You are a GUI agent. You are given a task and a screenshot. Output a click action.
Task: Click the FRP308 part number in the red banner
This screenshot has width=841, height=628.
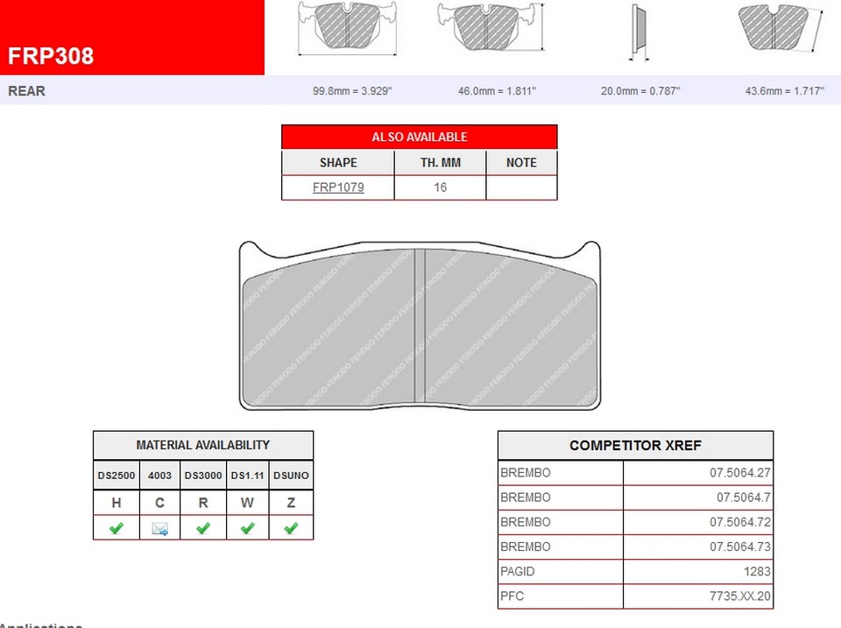coord(51,56)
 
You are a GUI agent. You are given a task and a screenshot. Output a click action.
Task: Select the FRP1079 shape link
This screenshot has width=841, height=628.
coord(338,187)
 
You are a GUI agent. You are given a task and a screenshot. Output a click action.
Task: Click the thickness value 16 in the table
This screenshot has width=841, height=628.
coord(440,187)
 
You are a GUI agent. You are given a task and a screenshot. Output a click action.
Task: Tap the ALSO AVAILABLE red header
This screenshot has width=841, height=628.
coord(419,137)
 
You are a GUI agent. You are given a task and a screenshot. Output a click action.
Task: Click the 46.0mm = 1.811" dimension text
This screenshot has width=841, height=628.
coord(497,91)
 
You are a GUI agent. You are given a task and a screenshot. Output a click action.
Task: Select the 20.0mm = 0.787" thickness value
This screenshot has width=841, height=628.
coord(640,91)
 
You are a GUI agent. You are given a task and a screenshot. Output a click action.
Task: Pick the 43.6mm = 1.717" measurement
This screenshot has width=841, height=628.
coord(784,91)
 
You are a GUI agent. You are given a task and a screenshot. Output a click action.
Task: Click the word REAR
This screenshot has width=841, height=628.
coord(27,91)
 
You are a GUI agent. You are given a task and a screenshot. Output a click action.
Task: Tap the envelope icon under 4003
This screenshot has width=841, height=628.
coord(159,528)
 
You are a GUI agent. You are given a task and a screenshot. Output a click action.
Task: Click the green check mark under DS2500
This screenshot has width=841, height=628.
coord(117,528)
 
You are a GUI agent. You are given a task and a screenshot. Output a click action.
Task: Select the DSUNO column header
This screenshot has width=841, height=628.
coord(291,476)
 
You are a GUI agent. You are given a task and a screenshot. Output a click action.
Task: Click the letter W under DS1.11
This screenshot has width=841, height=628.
coord(248,503)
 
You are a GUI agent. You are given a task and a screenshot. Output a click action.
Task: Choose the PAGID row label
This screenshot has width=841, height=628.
coord(517,571)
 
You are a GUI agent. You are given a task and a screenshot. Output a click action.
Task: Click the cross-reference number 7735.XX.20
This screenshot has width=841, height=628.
coord(740,596)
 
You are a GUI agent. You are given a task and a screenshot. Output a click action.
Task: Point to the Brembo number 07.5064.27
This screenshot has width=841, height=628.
coord(740,473)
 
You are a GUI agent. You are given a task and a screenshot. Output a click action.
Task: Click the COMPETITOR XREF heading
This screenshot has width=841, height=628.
coord(635,445)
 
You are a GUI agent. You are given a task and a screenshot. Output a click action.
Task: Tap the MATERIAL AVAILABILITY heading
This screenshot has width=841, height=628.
coord(202,445)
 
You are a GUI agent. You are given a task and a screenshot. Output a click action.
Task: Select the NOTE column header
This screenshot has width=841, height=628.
coord(521,163)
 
